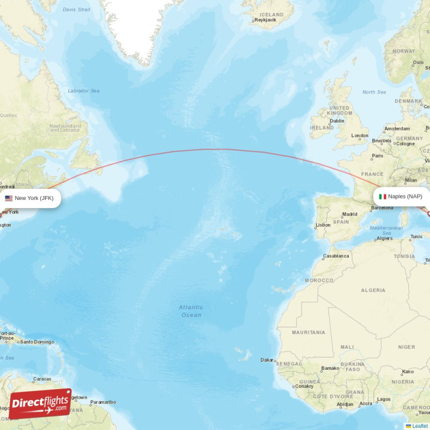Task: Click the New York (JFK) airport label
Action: tap(34, 198)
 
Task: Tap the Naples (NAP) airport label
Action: tap(405, 196)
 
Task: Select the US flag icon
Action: tap(9, 198)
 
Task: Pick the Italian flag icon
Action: tap(383, 197)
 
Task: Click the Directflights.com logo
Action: tap(41, 403)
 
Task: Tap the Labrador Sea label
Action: tap(83, 91)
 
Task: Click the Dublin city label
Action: tap(338, 121)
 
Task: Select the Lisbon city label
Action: tap(323, 225)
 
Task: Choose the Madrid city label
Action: tap(350, 214)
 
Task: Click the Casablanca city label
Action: tap(336, 256)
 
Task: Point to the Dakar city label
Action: tap(267, 360)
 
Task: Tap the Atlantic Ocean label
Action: tap(191, 311)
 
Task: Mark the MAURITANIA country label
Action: tap(309, 333)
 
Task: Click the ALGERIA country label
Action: tap(373, 290)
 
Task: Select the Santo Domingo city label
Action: tap(37, 342)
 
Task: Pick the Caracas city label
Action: tap(42, 379)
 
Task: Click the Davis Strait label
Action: tap(76, 10)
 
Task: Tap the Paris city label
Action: tap(378, 156)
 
